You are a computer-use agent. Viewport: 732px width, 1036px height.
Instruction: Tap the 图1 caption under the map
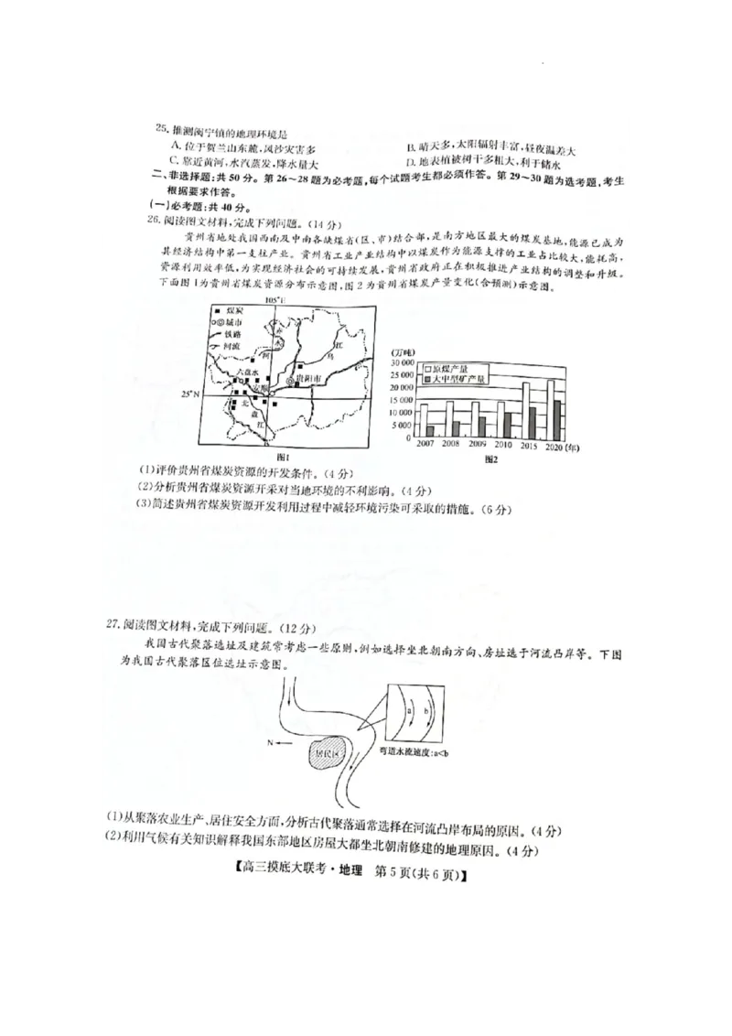coord(284,456)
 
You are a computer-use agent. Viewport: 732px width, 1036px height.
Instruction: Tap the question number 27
coord(113,625)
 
